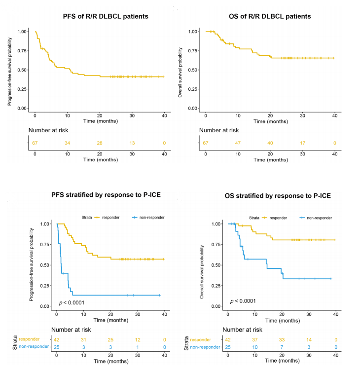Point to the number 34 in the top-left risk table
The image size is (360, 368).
click(68, 143)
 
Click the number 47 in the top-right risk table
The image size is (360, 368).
click(238, 143)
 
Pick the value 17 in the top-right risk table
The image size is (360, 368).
click(302, 143)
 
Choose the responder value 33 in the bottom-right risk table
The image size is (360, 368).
click(281, 340)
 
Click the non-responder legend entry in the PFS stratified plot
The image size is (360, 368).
click(147, 217)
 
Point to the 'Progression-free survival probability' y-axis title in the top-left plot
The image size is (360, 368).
click(9, 70)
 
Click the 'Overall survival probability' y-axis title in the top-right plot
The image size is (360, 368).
click(180, 70)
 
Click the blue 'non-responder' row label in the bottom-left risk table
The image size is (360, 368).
click(28, 346)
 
